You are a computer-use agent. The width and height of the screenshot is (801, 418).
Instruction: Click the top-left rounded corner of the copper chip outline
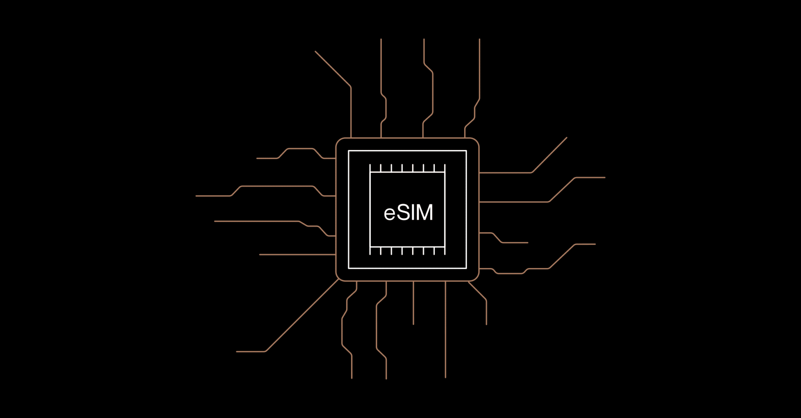339,141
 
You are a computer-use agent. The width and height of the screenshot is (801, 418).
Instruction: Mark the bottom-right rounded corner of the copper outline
476,278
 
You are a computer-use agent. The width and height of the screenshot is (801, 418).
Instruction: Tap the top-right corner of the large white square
466,151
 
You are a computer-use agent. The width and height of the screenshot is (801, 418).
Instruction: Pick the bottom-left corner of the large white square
348,268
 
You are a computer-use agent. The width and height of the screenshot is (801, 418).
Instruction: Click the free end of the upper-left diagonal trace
316,52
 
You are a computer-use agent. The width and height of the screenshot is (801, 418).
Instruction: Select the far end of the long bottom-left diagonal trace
237,352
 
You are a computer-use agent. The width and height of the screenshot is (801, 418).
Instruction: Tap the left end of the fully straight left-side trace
260,255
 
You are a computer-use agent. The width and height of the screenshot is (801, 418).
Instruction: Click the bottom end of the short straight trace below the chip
413,324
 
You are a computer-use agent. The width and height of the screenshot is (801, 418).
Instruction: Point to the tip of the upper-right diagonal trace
567,138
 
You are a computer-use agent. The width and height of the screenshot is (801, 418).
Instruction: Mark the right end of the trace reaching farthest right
605,177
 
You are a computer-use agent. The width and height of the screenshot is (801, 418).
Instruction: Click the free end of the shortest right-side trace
528,243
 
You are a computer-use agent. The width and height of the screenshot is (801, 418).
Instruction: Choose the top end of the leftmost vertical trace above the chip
381,39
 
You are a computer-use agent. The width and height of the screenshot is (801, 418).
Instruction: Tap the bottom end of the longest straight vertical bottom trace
445,377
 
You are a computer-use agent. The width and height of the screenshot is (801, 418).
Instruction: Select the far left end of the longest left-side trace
196,196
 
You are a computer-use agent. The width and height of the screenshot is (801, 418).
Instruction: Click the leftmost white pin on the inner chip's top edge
370,168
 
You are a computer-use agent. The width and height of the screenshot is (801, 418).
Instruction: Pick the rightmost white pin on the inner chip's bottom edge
445,251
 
